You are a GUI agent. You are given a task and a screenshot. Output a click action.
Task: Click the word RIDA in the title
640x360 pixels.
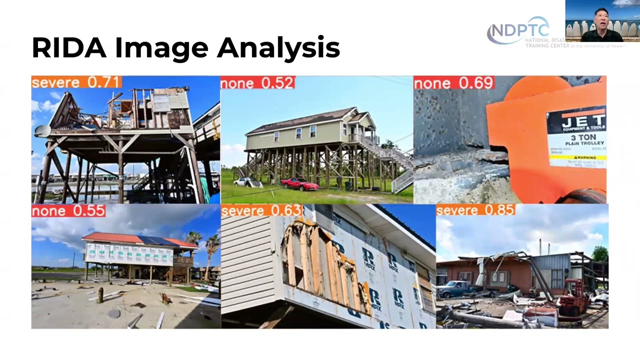pos(69,48)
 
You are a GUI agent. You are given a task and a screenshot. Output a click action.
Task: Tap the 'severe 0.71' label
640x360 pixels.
pos(76,82)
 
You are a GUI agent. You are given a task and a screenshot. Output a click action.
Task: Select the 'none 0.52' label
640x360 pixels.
pos(257,83)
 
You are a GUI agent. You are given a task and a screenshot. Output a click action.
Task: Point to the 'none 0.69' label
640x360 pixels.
pos(453,83)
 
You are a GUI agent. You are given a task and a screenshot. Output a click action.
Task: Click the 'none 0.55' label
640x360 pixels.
pos(68,211)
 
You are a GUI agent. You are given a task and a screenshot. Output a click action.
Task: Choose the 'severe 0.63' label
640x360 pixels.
pos(261,210)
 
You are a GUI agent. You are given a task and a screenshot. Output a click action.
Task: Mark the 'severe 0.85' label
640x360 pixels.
pos(475,210)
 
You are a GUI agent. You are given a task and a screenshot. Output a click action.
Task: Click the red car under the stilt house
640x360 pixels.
pos(299,184)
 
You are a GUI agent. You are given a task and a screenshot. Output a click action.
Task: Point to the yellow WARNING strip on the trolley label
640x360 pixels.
pos(577,157)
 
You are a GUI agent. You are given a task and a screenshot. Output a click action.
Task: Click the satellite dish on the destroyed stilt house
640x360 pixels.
pos(42,131)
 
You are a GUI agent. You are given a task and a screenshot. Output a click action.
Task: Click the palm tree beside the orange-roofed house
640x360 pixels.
pos(212,250)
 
